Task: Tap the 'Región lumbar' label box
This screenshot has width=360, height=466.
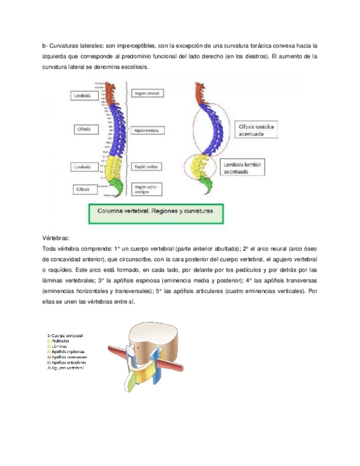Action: click(x=145, y=165)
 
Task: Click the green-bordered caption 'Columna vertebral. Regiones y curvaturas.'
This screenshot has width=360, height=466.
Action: click(x=156, y=211)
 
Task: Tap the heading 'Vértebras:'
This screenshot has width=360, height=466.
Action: click(x=56, y=238)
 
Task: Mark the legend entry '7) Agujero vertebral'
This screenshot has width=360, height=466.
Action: click(x=66, y=368)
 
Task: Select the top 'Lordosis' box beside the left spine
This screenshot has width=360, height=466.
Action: click(x=86, y=96)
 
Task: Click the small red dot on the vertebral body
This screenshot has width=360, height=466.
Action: click(x=139, y=347)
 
